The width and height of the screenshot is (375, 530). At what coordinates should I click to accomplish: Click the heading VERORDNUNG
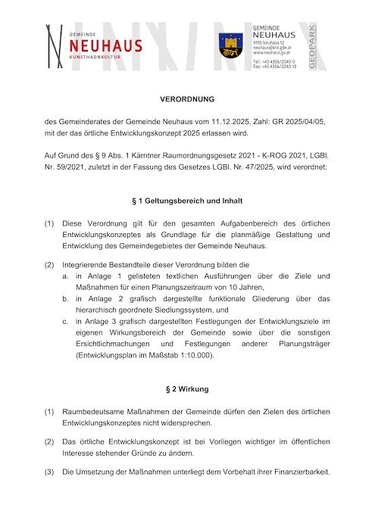tap(187, 99)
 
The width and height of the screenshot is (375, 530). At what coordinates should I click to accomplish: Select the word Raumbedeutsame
tap(94, 411)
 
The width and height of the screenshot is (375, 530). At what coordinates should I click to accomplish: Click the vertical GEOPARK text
tap(313, 46)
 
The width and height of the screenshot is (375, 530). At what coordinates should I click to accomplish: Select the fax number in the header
tap(274, 67)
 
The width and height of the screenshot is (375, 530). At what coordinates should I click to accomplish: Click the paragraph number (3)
tap(49, 472)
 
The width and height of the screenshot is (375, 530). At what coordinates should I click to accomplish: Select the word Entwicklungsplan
tap(106, 355)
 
